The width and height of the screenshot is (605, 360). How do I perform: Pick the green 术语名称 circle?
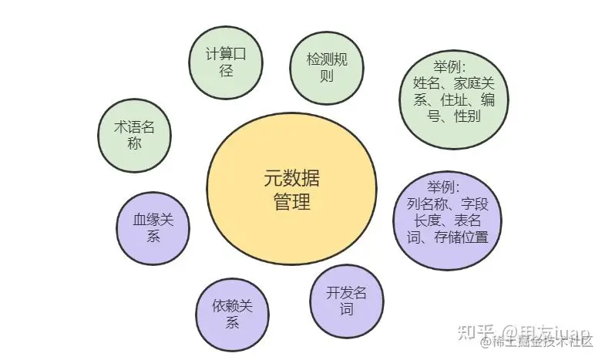point(136,135)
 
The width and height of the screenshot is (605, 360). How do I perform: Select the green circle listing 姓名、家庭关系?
point(454,93)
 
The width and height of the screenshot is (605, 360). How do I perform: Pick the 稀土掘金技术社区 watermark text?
point(544,343)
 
